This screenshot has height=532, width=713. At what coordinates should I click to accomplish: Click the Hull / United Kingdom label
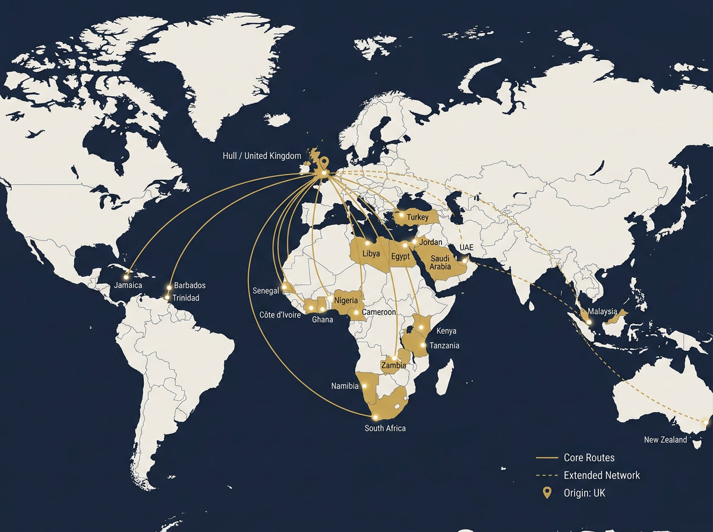[262, 156]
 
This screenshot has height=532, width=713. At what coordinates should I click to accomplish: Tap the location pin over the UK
[324, 163]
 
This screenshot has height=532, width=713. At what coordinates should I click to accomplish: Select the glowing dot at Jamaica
[127, 277]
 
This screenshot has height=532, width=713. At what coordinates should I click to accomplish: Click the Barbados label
[190, 286]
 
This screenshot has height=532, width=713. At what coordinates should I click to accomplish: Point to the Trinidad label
[185, 298]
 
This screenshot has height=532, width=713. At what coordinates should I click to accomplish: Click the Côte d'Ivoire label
[280, 315]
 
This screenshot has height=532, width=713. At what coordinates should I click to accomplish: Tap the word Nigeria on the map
[346, 300]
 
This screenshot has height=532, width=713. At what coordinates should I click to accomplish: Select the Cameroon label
[378, 312]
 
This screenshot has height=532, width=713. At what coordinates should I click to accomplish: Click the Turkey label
[418, 218]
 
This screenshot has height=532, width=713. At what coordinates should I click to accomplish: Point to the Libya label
[371, 254]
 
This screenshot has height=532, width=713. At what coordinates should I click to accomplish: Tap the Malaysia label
[602, 312]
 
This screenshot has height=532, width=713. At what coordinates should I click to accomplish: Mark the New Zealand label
[665, 440]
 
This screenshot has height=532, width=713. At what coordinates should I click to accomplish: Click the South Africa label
[385, 428]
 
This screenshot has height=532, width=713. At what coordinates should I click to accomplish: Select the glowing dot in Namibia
[364, 386]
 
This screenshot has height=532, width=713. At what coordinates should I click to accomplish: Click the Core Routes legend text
[589, 458]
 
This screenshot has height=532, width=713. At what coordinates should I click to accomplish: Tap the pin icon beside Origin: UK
[547, 493]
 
